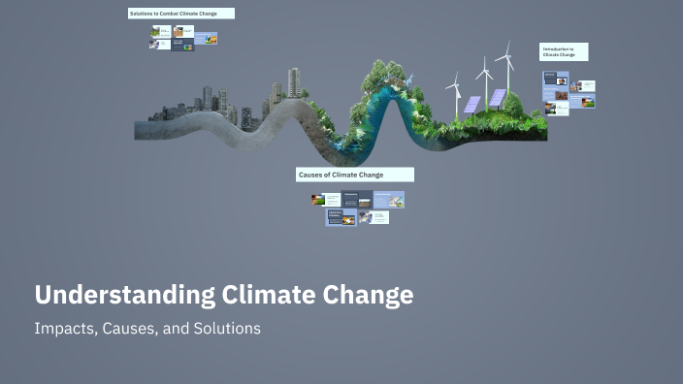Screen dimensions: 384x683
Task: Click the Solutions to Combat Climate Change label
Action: coord(180,14)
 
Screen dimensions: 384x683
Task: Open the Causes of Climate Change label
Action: coord(355,175)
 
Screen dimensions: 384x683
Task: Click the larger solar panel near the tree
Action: coord(497,97)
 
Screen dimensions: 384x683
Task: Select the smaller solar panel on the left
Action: coord(472,104)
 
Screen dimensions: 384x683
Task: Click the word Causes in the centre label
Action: coord(312,175)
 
